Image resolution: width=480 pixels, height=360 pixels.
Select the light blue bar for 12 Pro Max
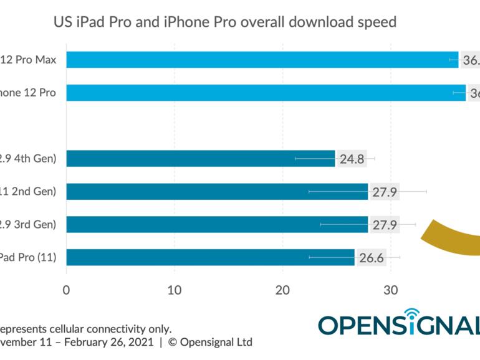click(262, 60)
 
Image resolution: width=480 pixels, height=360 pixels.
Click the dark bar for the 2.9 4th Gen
click(199, 159)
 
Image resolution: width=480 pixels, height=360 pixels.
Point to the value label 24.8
click(352, 159)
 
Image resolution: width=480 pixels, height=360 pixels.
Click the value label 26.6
click(372, 257)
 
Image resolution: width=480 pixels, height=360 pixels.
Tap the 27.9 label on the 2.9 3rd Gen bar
click(385, 224)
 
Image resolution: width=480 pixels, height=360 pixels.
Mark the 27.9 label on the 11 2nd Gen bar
click(385, 191)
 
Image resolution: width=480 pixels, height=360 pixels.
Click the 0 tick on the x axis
click(66, 290)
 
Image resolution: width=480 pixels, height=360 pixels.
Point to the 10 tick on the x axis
click(175, 290)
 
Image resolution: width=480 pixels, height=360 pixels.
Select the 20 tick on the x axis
click(282, 290)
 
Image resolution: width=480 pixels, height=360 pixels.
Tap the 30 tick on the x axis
click(391, 290)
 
